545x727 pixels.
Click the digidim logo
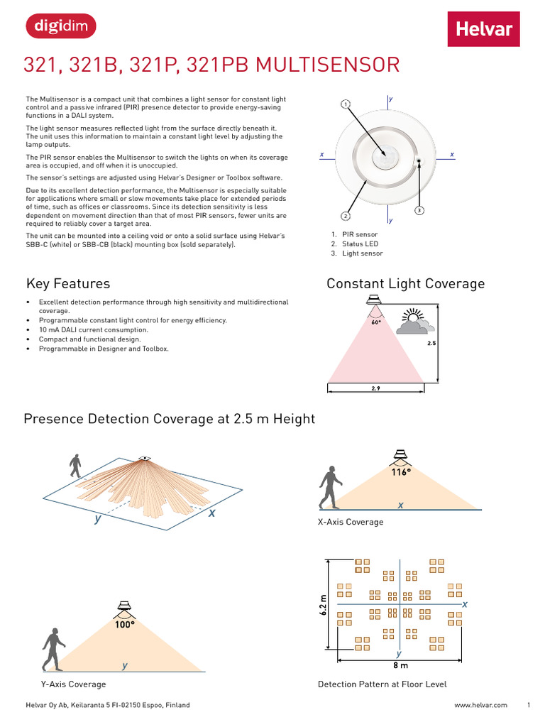(60, 27)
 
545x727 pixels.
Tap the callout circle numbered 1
(346, 104)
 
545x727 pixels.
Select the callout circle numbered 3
(419, 210)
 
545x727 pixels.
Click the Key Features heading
(68, 284)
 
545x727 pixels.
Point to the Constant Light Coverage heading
(405, 284)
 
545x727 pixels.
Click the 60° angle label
(376, 322)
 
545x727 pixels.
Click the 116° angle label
(402, 472)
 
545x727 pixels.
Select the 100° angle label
(125, 625)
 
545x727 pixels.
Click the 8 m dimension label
(400, 666)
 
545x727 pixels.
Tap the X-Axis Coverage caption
(350, 523)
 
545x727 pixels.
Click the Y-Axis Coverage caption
(73, 684)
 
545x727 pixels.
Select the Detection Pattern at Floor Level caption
(382, 684)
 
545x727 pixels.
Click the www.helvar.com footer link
(480, 705)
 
